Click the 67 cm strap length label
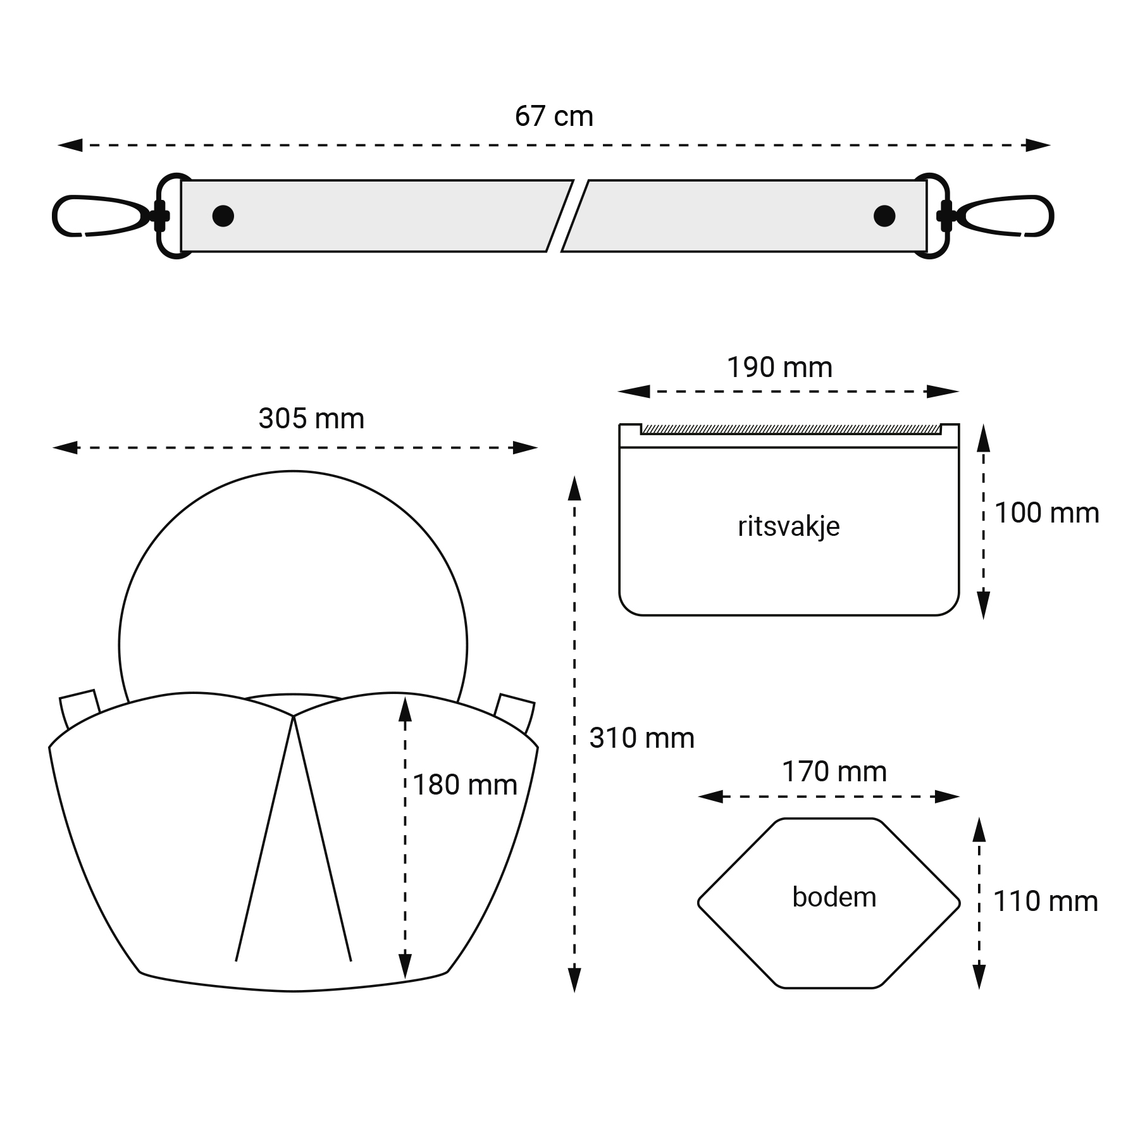pyautogui.click(x=554, y=116)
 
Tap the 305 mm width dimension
pyautogui.click(x=311, y=419)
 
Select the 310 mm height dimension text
pyautogui.click(x=641, y=738)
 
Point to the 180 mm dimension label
pyautogui.click(x=465, y=785)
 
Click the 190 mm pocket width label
pyautogui.click(x=779, y=368)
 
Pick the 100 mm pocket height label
pyautogui.click(x=1047, y=513)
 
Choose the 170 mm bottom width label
pyautogui.click(x=834, y=772)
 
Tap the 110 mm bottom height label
pyautogui.click(x=1046, y=901)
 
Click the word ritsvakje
pyautogui.click(x=789, y=526)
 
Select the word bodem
pyautogui.click(x=834, y=897)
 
